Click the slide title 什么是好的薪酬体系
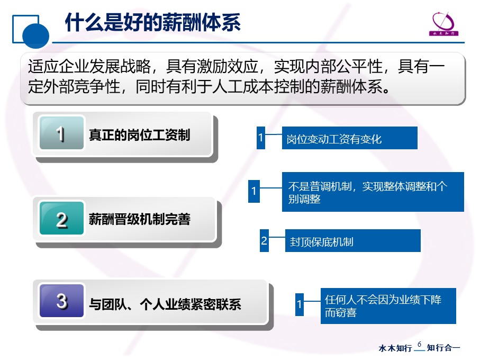(153, 22)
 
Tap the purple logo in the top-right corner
(443, 24)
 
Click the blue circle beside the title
(35, 36)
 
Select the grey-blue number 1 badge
(61, 133)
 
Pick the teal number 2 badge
(61, 218)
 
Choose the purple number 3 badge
(61, 301)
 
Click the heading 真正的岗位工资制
(140, 134)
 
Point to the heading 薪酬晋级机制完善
(140, 219)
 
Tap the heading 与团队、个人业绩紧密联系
(165, 304)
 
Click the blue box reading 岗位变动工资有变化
(350, 138)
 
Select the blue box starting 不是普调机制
(373, 192)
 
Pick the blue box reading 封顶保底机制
(352, 240)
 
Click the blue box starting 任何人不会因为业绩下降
(388, 306)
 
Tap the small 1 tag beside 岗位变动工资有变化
(261, 138)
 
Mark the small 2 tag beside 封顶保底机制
(264, 240)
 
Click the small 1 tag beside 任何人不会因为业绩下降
(300, 304)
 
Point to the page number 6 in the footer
(419, 344)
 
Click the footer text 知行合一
(443, 348)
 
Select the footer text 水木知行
(395, 348)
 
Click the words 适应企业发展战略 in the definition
(89, 66)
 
